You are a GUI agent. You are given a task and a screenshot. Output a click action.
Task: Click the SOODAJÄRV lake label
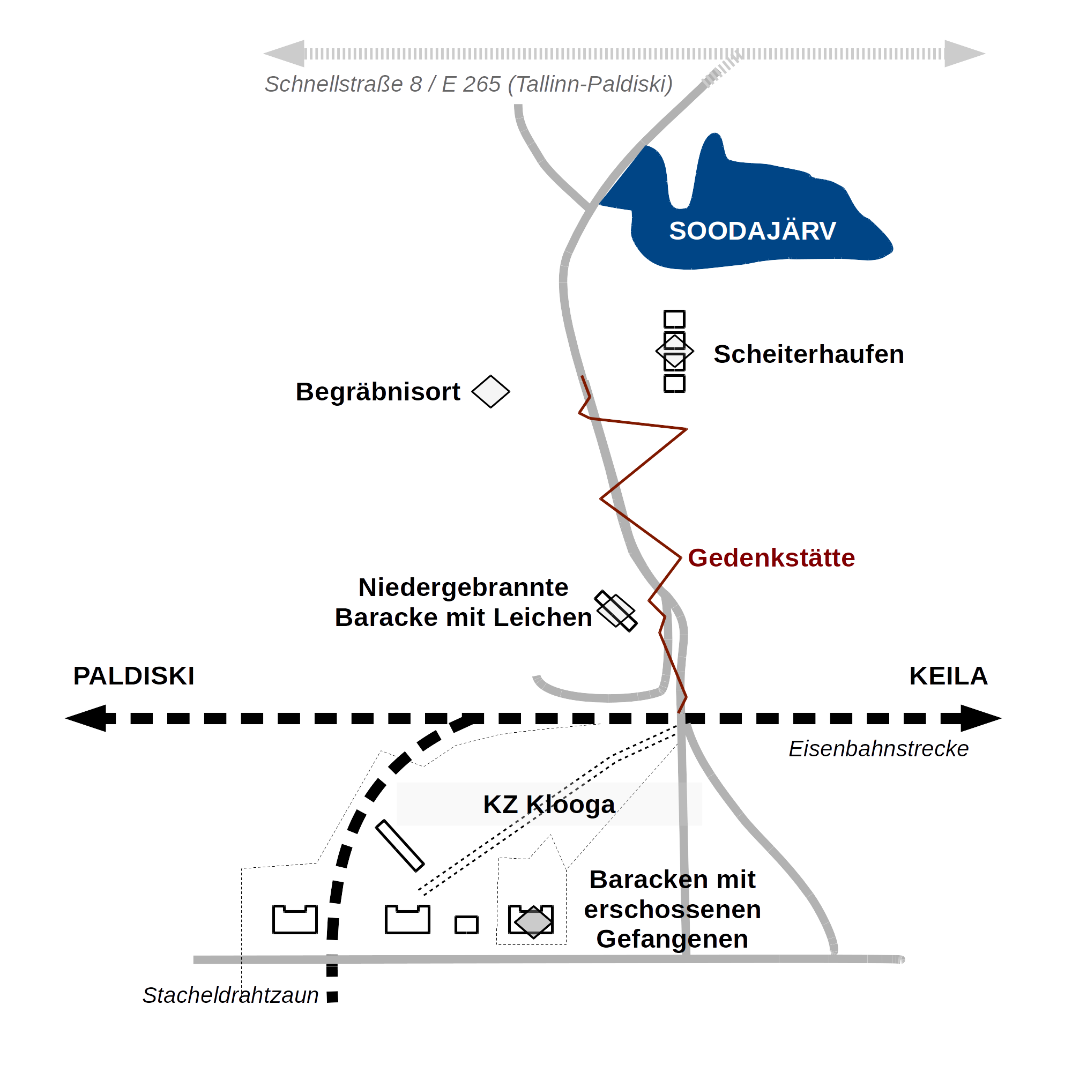pyautogui.click(x=753, y=231)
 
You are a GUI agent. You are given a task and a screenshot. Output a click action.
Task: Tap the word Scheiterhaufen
pyautogui.click(x=808, y=354)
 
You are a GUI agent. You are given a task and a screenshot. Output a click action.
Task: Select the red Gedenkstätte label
pyautogui.click(x=771, y=557)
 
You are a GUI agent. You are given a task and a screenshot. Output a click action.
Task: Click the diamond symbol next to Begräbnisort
pyautogui.click(x=490, y=392)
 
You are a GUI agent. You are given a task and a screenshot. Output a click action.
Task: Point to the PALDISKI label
pyautogui.click(x=133, y=676)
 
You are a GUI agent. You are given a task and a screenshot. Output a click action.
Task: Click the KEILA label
pyautogui.click(x=948, y=676)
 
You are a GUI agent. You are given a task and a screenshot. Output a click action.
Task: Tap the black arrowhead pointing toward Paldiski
pyautogui.click(x=86, y=719)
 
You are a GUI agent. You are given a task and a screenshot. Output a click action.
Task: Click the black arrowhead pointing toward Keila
pyautogui.click(x=981, y=719)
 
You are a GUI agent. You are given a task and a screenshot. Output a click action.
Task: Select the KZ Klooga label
pyautogui.click(x=549, y=805)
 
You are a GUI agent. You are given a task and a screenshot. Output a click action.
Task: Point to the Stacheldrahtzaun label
pyautogui.click(x=230, y=995)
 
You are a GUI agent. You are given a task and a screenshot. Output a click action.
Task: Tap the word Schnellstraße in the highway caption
pyautogui.click(x=333, y=84)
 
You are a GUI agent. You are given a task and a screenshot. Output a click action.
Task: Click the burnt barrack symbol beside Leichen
pyautogui.click(x=616, y=611)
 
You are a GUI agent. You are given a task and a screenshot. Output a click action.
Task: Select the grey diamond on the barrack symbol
pyautogui.click(x=533, y=922)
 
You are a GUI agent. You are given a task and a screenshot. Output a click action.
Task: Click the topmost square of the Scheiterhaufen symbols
pyautogui.click(x=675, y=319)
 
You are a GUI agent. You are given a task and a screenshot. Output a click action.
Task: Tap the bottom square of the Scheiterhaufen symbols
pyautogui.click(x=675, y=383)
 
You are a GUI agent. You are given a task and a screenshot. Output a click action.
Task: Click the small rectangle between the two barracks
pyautogui.click(x=467, y=925)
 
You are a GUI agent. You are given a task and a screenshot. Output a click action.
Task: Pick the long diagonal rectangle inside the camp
pyautogui.click(x=400, y=846)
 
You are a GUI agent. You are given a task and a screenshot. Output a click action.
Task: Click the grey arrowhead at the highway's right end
pyautogui.click(x=965, y=54)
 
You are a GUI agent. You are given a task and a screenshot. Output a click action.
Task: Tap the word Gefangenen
pyautogui.click(x=672, y=940)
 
